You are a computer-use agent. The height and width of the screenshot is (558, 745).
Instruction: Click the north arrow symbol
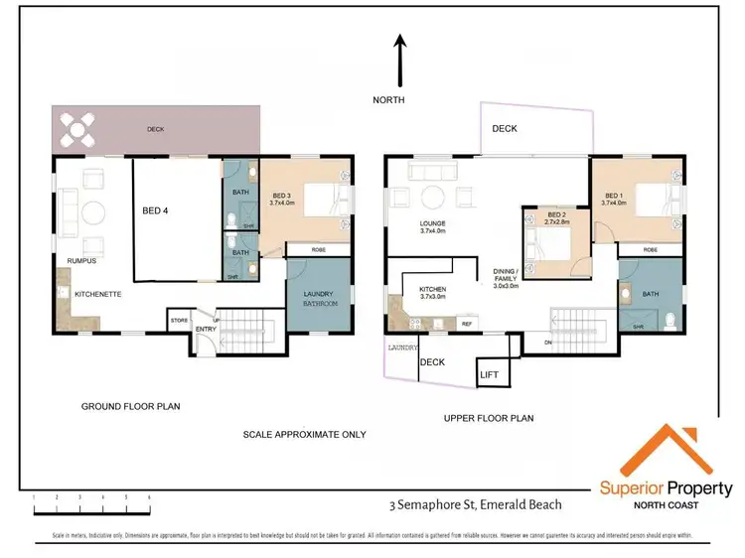pos(399,59)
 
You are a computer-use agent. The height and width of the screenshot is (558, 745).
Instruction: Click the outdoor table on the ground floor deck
pos(76,128)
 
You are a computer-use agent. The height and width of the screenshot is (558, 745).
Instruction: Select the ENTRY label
pos(206,329)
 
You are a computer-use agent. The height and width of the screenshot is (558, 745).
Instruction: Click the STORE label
pos(179,320)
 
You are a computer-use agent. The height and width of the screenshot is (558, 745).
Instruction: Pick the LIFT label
pos(489,374)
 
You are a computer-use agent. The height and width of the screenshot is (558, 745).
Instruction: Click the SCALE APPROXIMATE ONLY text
pos(304,435)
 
